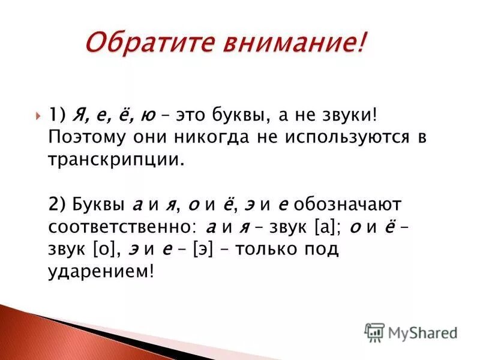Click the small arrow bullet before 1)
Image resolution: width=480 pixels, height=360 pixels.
coord(39,114)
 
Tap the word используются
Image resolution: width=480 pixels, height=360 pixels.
coord(346,137)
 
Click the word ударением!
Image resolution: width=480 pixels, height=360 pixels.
coord(101,272)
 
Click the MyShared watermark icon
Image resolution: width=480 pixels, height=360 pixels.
coord(374,332)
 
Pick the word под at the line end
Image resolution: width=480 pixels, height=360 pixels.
coord(325,249)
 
